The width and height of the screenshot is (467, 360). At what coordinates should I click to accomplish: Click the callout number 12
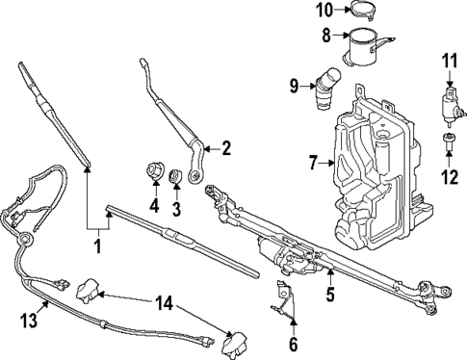[x=448, y=176]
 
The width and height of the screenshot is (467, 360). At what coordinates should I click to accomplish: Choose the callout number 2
[x=227, y=148]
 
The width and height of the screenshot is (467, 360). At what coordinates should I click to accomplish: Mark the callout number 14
[x=167, y=304]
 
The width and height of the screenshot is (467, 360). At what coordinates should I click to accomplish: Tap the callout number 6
[x=294, y=343]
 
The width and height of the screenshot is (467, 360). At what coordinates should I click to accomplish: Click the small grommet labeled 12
[x=448, y=143]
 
